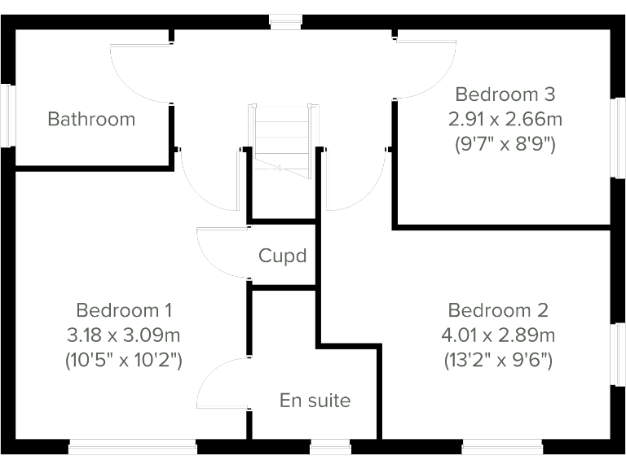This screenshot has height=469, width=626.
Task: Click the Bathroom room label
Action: pyautogui.click(x=91, y=119)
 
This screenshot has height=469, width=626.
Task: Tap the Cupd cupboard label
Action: pyautogui.click(x=282, y=256)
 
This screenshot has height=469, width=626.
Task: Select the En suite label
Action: pyautogui.click(x=315, y=401)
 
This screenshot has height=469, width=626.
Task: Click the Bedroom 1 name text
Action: pyautogui.click(x=124, y=310)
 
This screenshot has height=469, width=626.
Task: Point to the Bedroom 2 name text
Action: pyautogui.click(x=498, y=310)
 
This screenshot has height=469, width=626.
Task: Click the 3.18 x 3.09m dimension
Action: pyautogui.click(x=124, y=335)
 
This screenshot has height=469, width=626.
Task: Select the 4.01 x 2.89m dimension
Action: pyautogui.click(x=498, y=335)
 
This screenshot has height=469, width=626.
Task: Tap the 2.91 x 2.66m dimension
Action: pyautogui.click(x=505, y=119)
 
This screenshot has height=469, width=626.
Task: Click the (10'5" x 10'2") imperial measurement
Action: pyautogui.click(x=124, y=360)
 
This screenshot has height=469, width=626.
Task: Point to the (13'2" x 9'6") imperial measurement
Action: pyautogui.click(x=498, y=360)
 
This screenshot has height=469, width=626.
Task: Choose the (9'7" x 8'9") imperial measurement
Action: pyautogui.click(x=505, y=145)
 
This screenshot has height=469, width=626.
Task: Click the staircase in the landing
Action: pyautogui.click(x=281, y=138)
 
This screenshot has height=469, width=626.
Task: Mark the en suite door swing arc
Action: pyautogui.click(x=218, y=383)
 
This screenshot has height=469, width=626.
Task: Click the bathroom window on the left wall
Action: pyautogui.click(x=10, y=116)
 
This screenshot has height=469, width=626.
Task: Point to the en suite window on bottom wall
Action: pyautogui.click(x=330, y=446)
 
